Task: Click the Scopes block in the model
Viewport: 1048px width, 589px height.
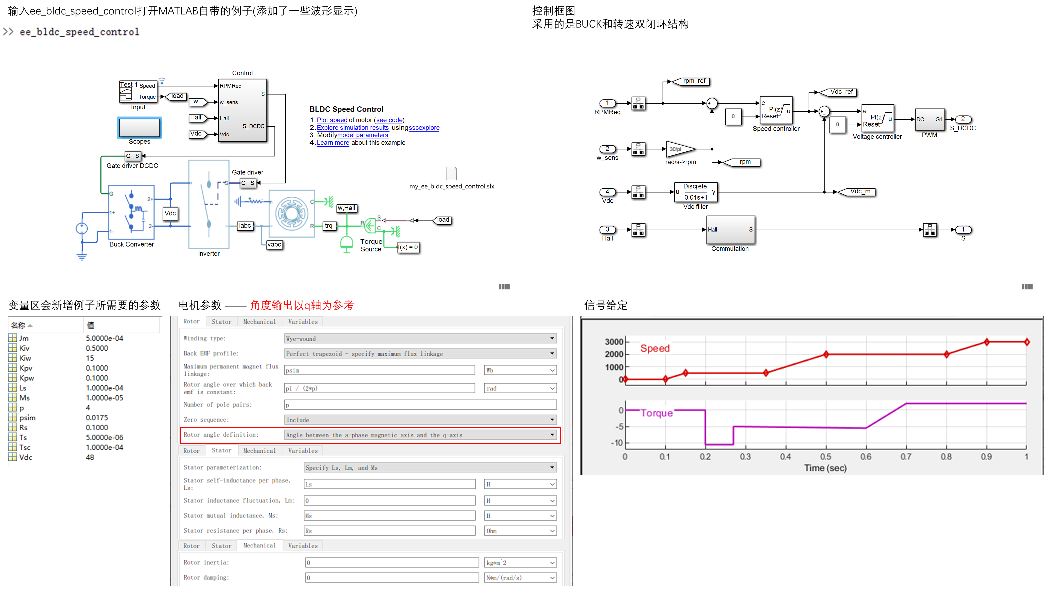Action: click(x=139, y=128)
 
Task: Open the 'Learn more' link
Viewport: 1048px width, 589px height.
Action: click(x=332, y=143)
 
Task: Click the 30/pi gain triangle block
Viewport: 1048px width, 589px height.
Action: click(x=678, y=149)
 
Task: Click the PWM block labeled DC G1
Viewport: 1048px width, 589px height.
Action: click(x=929, y=119)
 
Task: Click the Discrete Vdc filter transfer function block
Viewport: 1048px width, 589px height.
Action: click(x=695, y=192)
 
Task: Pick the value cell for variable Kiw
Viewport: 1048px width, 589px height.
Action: click(x=90, y=358)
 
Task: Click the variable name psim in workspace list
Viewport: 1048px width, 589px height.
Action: click(x=27, y=417)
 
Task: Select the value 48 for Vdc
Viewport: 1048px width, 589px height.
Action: click(x=90, y=457)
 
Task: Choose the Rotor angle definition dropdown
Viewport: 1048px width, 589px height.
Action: click(x=420, y=435)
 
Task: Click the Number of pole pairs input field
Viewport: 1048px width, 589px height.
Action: click(x=420, y=405)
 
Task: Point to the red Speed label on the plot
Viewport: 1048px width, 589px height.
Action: click(x=655, y=348)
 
